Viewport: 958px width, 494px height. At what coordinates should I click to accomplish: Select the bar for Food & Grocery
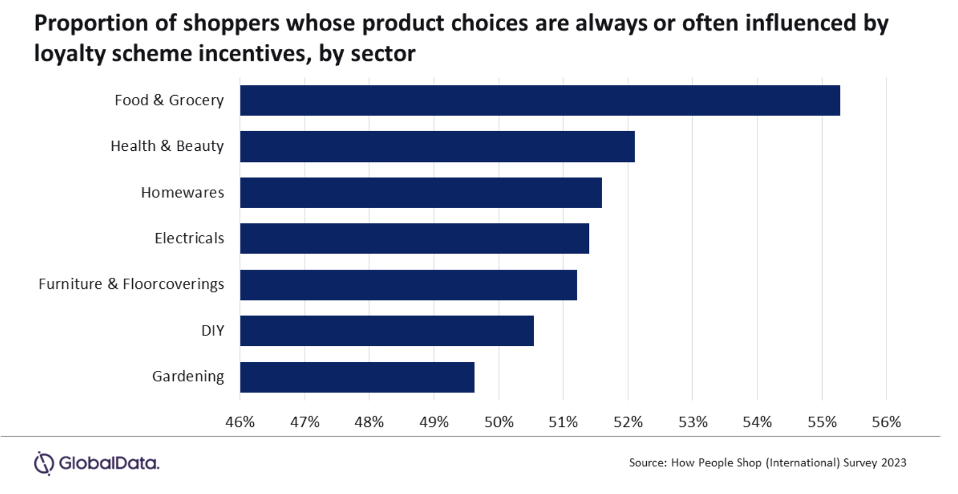540,100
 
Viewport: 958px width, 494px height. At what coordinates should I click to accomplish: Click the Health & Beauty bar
437,147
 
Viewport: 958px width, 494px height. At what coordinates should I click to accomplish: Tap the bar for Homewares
421,193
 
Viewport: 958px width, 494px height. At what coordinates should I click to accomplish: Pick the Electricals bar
414,239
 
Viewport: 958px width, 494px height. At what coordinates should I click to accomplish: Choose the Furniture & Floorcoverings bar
408,285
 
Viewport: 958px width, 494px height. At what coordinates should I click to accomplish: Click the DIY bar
387,331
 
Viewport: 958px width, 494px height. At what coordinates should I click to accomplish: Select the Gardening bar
357,377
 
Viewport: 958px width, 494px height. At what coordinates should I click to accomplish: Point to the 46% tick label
240,422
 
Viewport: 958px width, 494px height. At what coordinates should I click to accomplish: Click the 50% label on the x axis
499,422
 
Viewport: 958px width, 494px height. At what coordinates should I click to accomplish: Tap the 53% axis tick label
693,422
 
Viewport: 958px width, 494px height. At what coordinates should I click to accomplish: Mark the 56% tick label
886,422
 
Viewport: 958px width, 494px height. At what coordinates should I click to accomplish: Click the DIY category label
212,331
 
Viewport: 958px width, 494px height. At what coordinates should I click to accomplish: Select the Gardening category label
188,377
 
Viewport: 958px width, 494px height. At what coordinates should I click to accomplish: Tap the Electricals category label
189,239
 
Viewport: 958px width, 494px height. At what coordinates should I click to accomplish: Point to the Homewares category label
182,192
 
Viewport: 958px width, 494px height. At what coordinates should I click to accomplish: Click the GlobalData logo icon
44,463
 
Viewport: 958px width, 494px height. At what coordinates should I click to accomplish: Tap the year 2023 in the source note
893,463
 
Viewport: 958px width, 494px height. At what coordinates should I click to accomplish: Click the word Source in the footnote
647,463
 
